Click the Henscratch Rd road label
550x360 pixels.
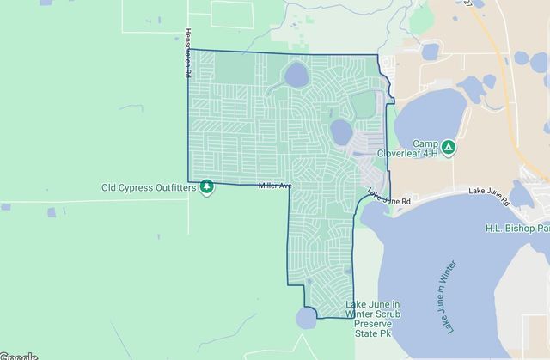(186, 54)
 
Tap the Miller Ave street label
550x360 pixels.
(275, 186)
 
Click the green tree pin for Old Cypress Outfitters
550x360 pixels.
(206, 186)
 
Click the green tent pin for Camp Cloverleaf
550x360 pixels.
(449, 147)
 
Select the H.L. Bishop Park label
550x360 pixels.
(516, 229)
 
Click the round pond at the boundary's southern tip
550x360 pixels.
(306, 319)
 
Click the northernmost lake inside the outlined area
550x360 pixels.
(296, 75)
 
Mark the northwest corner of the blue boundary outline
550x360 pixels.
(188, 50)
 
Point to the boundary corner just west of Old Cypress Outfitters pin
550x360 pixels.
(189, 181)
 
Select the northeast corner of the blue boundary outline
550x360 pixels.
(377, 57)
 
